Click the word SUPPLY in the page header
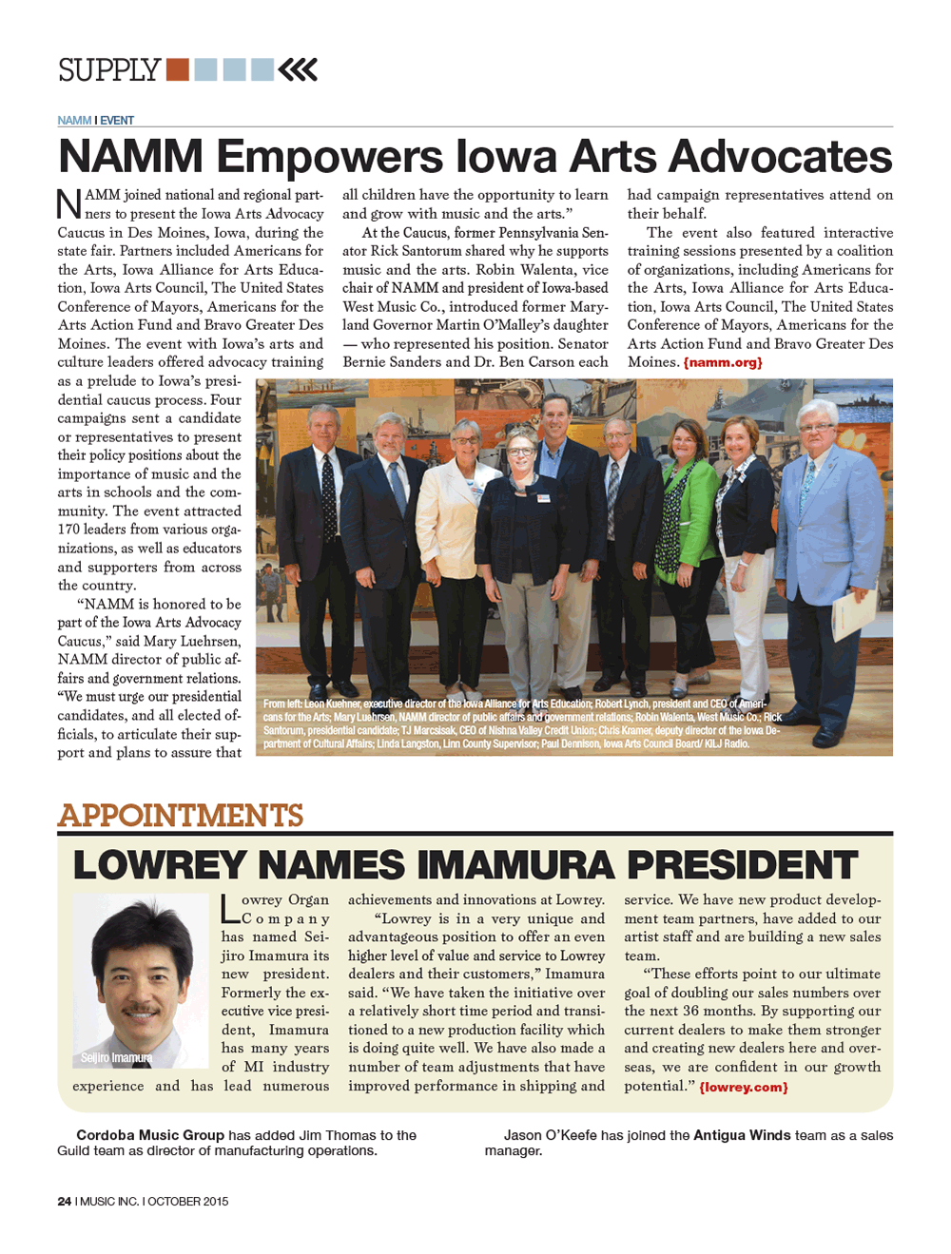[x=108, y=70]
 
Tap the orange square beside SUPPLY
[x=177, y=69]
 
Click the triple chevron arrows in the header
[x=299, y=69]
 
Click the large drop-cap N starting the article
[x=69, y=203]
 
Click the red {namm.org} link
[x=723, y=362]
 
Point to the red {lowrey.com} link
[x=744, y=1087]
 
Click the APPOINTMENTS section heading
[x=181, y=816]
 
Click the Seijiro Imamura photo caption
[x=116, y=1057]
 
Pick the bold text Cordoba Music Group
[x=150, y=1135]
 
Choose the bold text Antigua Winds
[x=739, y=1135]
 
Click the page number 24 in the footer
[x=64, y=1202]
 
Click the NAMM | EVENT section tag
[x=95, y=121]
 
